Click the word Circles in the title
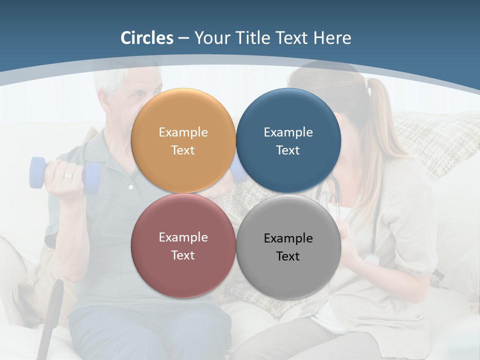tap(147, 38)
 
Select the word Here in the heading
tap(332, 38)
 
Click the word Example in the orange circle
tap(183, 132)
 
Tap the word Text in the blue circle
tap(288, 150)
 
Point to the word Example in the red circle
tap(183, 237)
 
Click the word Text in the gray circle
tap(288, 256)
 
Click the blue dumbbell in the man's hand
tap(37, 172)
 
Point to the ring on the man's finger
tap(68, 176)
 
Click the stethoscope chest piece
tap(371, 259)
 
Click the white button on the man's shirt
tap(131, 187)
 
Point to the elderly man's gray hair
tap(112, 80)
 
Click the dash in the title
tap(183, 38)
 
